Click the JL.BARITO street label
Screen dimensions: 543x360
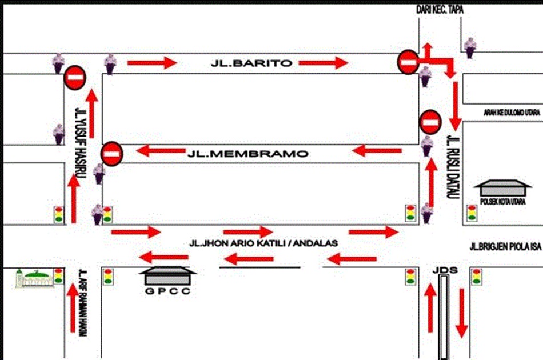tap(251, 63)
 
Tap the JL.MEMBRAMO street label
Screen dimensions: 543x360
tap(248, 154)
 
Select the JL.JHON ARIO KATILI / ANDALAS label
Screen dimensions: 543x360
tap(263, 243)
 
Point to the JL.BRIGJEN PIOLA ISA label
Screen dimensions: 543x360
tap(505, 246)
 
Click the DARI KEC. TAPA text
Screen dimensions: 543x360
tap(440, 10)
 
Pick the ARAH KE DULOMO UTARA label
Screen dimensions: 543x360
tap(512, 113)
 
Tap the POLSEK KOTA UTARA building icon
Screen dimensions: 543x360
tap(502, 188)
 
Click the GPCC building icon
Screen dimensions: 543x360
tap(167, 275)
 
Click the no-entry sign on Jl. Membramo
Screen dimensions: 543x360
tap(111, 154)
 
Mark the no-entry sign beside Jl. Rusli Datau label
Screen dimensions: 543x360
tap(430, 122)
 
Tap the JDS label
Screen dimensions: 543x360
tap(445, 270)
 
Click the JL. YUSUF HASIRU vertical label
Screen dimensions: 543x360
tap(81, 143)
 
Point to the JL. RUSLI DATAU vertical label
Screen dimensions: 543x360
tap(453, 167)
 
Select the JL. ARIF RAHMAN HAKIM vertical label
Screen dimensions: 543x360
tap(83, 303)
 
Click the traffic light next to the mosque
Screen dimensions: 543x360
tap(58, 276)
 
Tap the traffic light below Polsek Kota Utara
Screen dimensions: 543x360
tap(472, 213)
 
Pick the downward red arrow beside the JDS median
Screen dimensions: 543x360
tap(462, 313)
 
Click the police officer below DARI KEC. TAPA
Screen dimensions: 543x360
tap(470, 48)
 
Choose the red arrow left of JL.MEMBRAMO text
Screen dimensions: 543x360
tap(161, 151)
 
